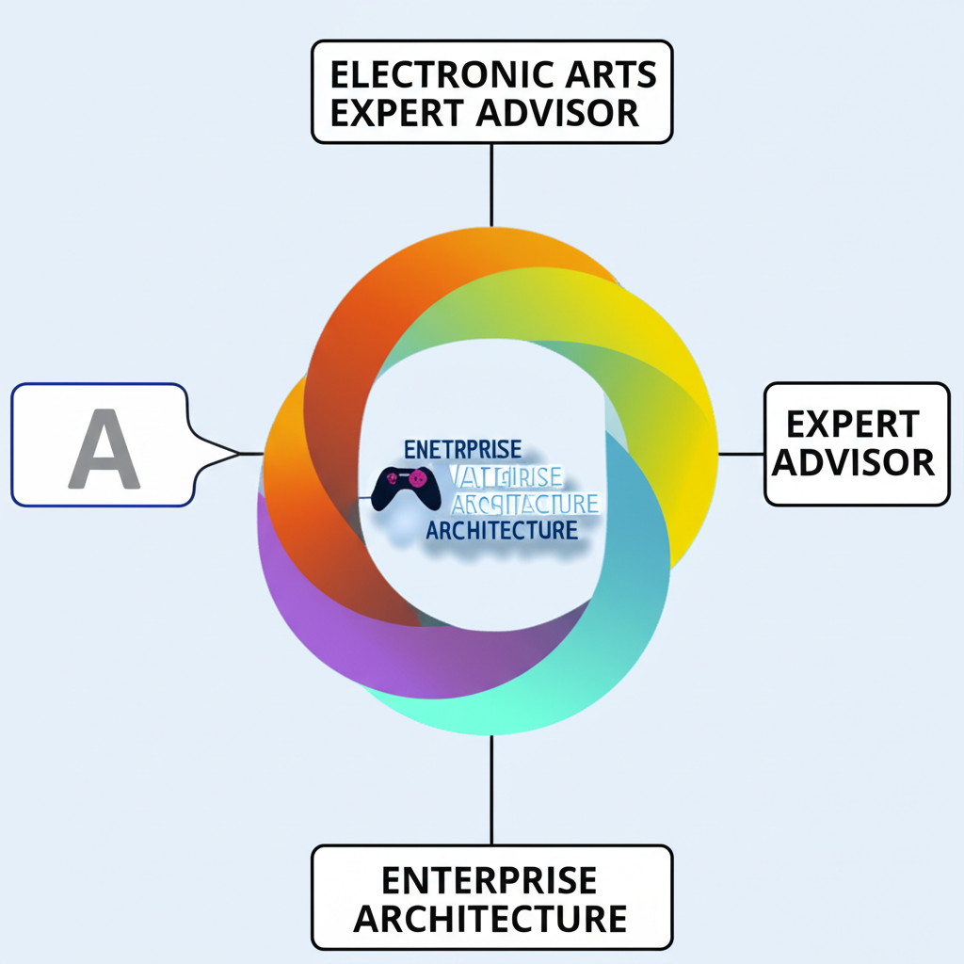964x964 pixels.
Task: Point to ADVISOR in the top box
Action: pos(556,112)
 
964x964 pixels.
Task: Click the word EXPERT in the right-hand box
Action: pos(852,425)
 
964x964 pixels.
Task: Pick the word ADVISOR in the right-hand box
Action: pos(857,462)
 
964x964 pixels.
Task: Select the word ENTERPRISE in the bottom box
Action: pos(489,881)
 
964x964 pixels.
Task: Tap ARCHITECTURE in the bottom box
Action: pos(490,918)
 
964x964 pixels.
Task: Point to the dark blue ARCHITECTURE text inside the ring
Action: pos(501,530)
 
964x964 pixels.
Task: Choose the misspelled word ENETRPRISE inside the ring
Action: pos(461,449)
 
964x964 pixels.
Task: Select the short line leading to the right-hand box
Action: pos(740,454)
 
